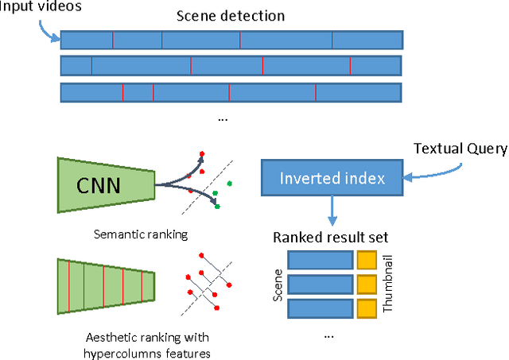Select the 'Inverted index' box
tap(332, 178)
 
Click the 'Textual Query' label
tap(460, 149)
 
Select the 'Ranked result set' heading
tap(330, 237)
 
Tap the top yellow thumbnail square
tap(366, 260)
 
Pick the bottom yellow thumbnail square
tap(366, 308)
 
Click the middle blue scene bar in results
tap(320, 285)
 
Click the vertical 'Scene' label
tap(278, 284)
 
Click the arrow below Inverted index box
tap(331, 211)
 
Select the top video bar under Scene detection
tap(231, 40)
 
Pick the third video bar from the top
tap(231, 92)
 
